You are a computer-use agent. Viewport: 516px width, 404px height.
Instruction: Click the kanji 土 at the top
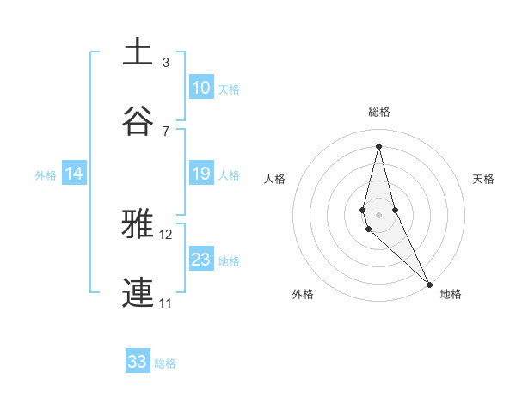(x=138, y=52)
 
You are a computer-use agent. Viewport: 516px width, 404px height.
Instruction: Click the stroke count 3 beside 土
(x=166, y=63)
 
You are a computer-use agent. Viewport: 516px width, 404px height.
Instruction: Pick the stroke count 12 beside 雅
(x=166, y=234)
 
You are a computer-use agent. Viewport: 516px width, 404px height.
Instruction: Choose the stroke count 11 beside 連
(x=166, y=303)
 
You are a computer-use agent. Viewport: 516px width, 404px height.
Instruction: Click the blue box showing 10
(x=201, y=88)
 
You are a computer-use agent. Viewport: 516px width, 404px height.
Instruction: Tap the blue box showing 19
(x=201, y=174)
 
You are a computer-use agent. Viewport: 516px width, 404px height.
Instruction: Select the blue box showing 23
(x=201, y=260)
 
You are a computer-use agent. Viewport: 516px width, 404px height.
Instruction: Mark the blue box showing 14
(x=74, y=174)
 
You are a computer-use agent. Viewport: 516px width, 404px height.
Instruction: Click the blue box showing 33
(x=138, y=362)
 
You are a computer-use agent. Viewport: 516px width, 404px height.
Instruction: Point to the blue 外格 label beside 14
(x=46, y=175)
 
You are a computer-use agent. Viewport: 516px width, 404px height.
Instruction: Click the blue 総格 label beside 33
(x=165, y=364)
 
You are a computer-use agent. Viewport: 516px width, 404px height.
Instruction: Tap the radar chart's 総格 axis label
(x=379, y=112)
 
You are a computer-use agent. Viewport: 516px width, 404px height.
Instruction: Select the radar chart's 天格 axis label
(x=483, y=179)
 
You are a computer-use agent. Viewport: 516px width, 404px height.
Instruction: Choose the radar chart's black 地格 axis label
(x=451, y=294)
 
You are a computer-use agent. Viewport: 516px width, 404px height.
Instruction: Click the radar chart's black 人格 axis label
(x=275, y=179)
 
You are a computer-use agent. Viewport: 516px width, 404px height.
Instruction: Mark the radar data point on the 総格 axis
(x=378, y=145)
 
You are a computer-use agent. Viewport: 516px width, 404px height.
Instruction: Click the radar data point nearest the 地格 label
(x=429, y=284)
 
